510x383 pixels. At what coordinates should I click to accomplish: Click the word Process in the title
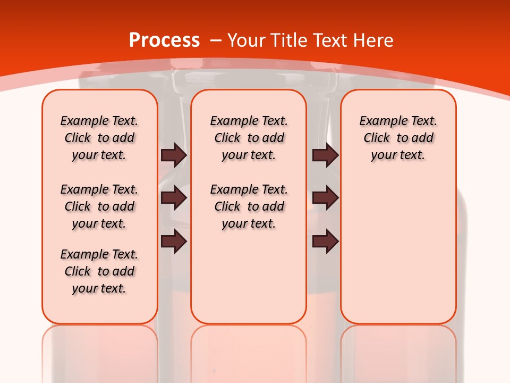pyautogui.click(x=164, y=40)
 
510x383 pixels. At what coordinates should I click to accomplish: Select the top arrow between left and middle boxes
pyautogui.click(x=174, y=155)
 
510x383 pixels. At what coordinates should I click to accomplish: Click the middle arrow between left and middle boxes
pyautogui.click(x=174, y=198)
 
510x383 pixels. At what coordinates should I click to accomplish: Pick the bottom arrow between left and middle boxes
pyautogui.click(x=174, y=242)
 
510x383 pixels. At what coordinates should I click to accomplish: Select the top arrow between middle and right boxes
pyautogui.click(x=325, y=155)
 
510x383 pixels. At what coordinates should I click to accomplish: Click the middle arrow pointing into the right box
pyautogui.click(x=325, y=198)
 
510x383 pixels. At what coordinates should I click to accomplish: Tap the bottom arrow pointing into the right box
pyautogui.click(x=325, y=242)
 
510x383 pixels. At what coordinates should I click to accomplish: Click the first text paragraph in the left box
pyautogui.click(x=99, y=138)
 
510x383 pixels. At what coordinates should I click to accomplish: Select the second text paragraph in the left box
pyautogui.click(x=99, y=206)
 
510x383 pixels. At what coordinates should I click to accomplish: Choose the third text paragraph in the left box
pyautogui.click(x=99, y=271)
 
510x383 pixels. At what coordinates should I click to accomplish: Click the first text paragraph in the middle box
pyautogui.click(x=249, y=138)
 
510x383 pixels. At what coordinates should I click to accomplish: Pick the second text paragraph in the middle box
pyautogui.click(x=249, y=206)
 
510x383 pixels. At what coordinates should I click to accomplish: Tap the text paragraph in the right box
pyautogui.click(x=398, y=138)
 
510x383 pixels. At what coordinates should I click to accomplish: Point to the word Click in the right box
pyautogui.click(x=377, y=138)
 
